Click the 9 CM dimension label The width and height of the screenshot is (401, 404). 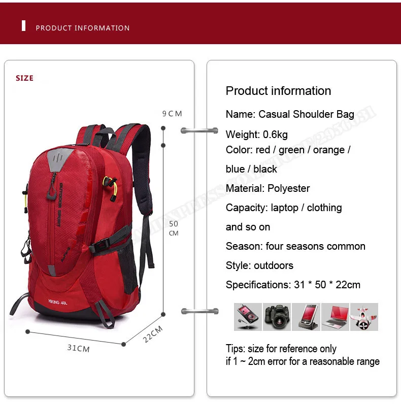(x=172, y=114)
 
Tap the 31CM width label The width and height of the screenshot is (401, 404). (x=78, y=349)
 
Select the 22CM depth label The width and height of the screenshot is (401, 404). (x=153, y=334)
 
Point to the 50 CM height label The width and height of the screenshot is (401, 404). (x=174, y=228)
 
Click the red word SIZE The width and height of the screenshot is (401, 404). (x=24, y=78)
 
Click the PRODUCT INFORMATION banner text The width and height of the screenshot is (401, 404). (x=83, y=28)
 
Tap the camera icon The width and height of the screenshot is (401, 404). (x=277, y=317)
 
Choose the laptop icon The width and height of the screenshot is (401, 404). (x=335, y=317)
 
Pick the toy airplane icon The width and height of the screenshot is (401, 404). (x=364, y=317)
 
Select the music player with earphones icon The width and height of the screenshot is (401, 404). (x=248, y=317)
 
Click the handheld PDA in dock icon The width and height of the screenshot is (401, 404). (x=306, y=317)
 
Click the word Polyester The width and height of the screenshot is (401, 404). (x=288, y=188)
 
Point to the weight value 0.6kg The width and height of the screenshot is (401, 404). (x=275, y=134)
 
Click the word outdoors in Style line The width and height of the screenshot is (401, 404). (x=274, y=265)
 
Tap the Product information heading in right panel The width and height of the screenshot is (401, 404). (x=278, y=91)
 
